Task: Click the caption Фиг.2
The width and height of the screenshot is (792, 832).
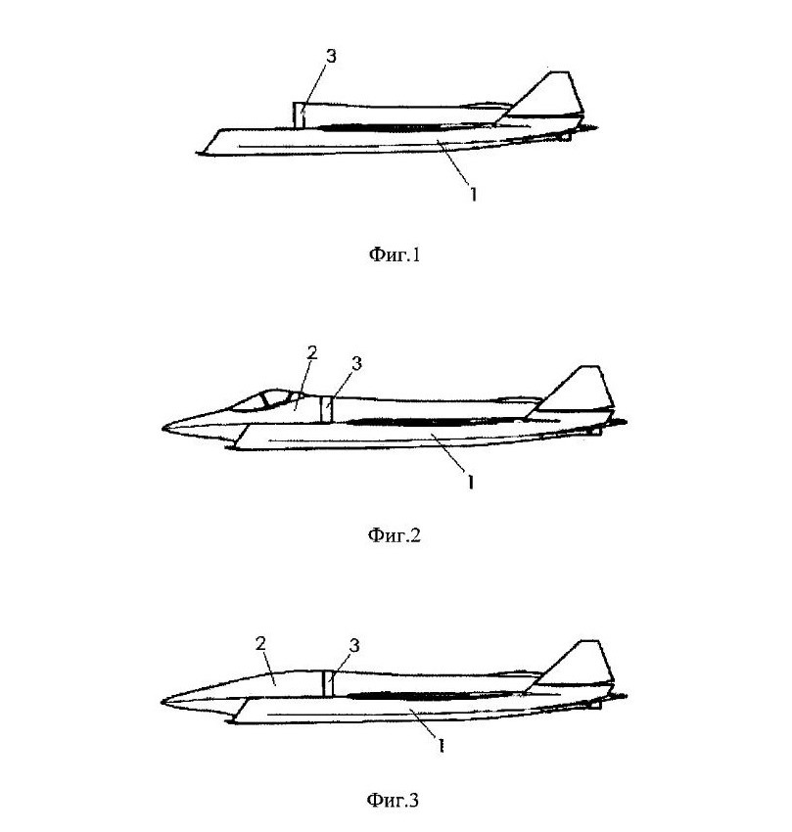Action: [x=394, y=535]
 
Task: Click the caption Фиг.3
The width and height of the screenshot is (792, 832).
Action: [x=394, y=800]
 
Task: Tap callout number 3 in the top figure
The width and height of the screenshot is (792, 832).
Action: [x=331, y=57]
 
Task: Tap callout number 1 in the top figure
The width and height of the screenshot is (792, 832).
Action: [x=473, y=194]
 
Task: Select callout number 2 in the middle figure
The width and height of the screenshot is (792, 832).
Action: [x=311, y=352]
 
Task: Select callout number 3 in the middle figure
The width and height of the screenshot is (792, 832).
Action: [x=356, y=363]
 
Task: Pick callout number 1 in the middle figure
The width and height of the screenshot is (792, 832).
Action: [x=471, y=482]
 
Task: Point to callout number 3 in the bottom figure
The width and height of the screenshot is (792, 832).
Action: [x=354, y=645]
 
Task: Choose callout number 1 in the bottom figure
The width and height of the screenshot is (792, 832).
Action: [x=442, y=746]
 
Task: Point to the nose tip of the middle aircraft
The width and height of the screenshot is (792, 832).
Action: [x=163, y=429]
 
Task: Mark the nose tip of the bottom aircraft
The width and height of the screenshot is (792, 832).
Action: [x=163, y=701]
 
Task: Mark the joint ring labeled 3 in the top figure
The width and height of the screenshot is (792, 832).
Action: [x=299, y=116]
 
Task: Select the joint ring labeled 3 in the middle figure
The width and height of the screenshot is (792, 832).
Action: [x=327, y=408]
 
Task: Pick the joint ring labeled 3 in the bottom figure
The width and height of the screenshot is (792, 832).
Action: [x=327, y=681]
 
